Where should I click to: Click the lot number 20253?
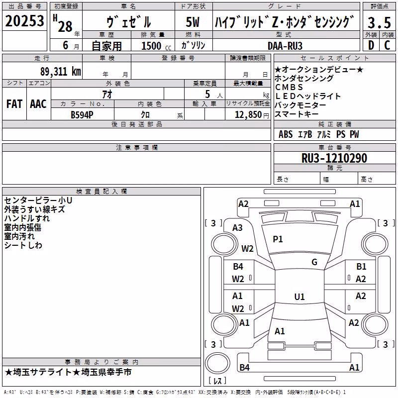tap(24, 21)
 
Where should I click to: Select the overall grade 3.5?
tap(379, 22)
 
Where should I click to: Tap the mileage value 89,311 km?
tap(61, 71)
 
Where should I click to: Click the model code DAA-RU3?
tap(285, 46)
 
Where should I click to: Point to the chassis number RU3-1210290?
tap(334, 158)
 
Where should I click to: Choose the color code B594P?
tap(82, 115)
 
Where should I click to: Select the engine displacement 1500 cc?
tap(156, 46)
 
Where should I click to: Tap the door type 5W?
tap(193, 22)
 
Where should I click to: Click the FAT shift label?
tap(14, 104)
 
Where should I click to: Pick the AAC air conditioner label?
tap(38, 104)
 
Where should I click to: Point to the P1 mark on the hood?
tap(278, 239)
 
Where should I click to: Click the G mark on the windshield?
tap(314, 262)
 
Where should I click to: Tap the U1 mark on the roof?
tap(299, 297)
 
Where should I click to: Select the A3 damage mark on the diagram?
tap(238, 228)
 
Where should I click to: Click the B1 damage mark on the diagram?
tap(361, 267)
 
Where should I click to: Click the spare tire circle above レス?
tap(217, 363)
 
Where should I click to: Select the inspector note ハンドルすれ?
tap(27, 218)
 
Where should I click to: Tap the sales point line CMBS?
tap(289, 87)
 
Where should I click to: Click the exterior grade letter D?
tap(371, 45)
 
